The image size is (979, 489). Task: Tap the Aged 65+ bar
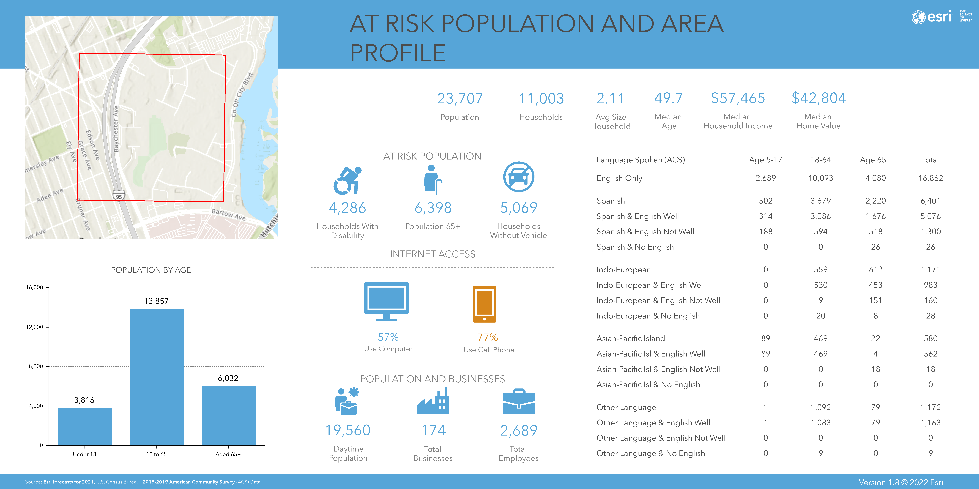228,415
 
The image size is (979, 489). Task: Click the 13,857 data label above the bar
156,301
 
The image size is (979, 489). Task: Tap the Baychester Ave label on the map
116,129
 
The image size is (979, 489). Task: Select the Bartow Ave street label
228,215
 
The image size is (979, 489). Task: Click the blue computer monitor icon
387,301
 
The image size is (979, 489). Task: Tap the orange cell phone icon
485,304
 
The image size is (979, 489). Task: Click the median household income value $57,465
738,98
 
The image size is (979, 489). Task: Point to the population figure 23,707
460,99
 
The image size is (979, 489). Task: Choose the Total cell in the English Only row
930,178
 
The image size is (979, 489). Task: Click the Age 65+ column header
875,160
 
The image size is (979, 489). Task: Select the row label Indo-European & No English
648,316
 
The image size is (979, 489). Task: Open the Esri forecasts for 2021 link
68,482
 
